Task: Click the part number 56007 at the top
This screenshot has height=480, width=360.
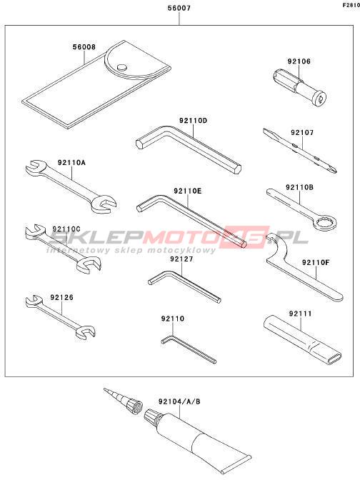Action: tap(179, 8)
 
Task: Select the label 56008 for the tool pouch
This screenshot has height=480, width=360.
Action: tap(84, 47)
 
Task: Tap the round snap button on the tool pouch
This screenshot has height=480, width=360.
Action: tap(122, 67)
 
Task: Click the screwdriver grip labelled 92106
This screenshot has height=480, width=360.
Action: tap(299, 87)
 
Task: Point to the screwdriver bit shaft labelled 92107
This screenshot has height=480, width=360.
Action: tap(300, 151)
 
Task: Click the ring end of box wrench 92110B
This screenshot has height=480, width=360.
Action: tap(325, 223)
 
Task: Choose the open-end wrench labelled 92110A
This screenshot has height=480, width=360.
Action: tap(71, 186)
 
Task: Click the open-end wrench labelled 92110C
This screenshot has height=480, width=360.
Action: tap(63, 247)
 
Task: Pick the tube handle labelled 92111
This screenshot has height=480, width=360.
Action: tap(301, 339)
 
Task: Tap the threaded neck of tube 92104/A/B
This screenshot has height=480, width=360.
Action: tap(151, 416)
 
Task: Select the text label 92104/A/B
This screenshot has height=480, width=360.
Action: tap(179, 401)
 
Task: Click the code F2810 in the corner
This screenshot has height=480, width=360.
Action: tap(351, 5)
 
